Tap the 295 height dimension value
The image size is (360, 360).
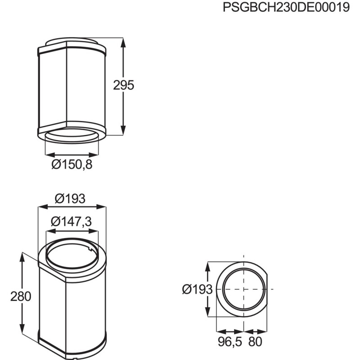pos(124,85)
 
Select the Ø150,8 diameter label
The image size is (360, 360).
pos(72,165)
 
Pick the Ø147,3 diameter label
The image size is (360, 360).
pos(72,221)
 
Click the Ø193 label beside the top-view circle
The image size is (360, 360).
pos(197,290)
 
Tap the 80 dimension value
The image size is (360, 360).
pos(255,342)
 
